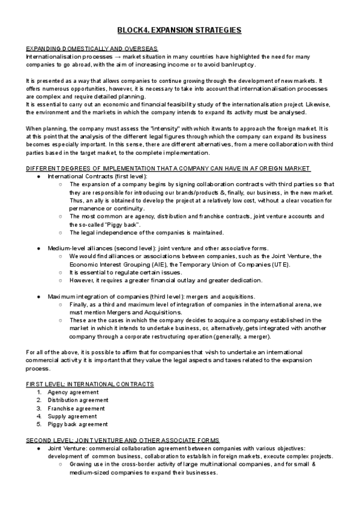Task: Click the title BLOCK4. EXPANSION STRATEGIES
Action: [179, 29]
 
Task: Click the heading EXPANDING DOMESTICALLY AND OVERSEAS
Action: [92, 48]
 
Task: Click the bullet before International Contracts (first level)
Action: [38, 176]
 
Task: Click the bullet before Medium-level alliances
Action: [38, 248]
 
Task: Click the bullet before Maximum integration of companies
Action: [38, 296]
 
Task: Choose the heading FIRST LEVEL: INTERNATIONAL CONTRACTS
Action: [90, 384]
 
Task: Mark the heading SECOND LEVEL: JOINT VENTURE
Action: [123, 440]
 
